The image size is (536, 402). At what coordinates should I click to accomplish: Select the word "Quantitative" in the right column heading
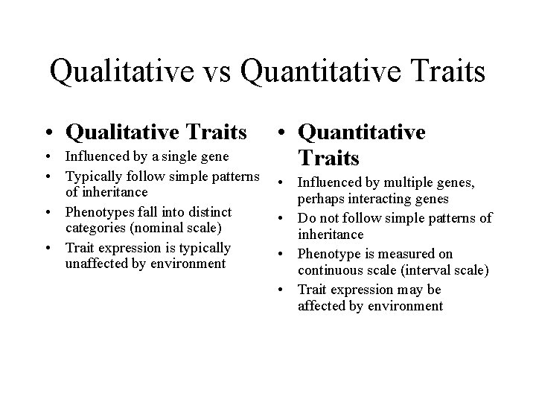coord(361,132)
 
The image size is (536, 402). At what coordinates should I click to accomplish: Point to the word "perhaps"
coord(320,200)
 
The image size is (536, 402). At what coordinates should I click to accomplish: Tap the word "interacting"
coord(380,200)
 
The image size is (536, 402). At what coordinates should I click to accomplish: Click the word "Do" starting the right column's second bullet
coord(306,218)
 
